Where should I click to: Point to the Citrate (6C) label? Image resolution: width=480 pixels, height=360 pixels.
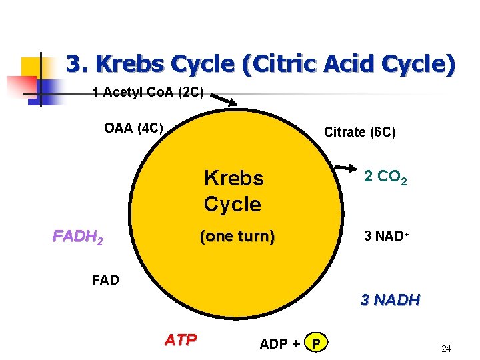pos(359,132)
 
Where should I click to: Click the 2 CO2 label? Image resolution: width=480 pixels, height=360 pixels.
pos(385,177)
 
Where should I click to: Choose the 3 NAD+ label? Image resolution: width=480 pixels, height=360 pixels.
pos(386,236)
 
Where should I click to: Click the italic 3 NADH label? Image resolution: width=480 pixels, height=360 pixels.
pos(390,300)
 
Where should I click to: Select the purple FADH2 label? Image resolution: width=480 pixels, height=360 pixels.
pos(77,237)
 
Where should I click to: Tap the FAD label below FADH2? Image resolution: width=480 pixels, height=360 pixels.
pos(105,279)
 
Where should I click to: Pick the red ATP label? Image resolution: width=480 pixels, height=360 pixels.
pos(181,340)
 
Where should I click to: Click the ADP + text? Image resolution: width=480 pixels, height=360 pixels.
pos(279,343)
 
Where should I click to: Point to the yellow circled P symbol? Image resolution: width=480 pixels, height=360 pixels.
pos(316,343)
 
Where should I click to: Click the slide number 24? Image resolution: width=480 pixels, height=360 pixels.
pos(446,349)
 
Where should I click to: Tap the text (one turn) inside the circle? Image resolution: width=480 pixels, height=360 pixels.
pos(237,237)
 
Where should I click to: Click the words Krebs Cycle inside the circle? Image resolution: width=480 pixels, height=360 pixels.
pos(233,191)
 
